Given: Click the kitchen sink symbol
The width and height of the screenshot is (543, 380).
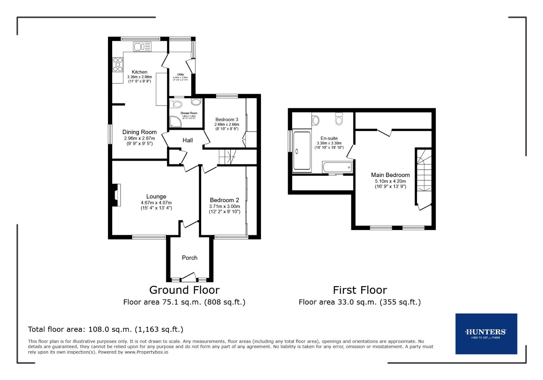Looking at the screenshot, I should [142, 46].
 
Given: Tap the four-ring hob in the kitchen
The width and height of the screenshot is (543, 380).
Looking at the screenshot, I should [118, 64].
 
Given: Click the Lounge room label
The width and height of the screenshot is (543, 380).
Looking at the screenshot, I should [156, 196].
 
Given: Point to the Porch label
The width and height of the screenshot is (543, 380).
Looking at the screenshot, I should [190, 258].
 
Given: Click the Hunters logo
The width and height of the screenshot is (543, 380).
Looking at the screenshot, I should [486, 333].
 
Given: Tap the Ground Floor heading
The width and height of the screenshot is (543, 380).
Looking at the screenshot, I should [184, 290].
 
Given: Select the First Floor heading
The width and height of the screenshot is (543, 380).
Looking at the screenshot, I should [359, 290].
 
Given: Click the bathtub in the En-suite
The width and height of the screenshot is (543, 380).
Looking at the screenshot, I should [337, 167].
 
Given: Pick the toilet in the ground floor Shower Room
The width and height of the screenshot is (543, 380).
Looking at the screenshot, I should [175, 104].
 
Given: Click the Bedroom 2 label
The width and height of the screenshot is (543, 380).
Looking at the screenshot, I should [224, 200].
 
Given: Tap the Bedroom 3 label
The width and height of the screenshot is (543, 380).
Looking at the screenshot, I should [227, 119].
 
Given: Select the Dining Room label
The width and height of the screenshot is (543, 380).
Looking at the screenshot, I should [139, 132].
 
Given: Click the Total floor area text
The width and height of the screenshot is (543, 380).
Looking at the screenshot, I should [106, 329].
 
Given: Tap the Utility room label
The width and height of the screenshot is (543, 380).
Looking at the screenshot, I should [180, 74].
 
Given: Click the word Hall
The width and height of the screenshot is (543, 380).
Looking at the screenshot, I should [187, 140].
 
